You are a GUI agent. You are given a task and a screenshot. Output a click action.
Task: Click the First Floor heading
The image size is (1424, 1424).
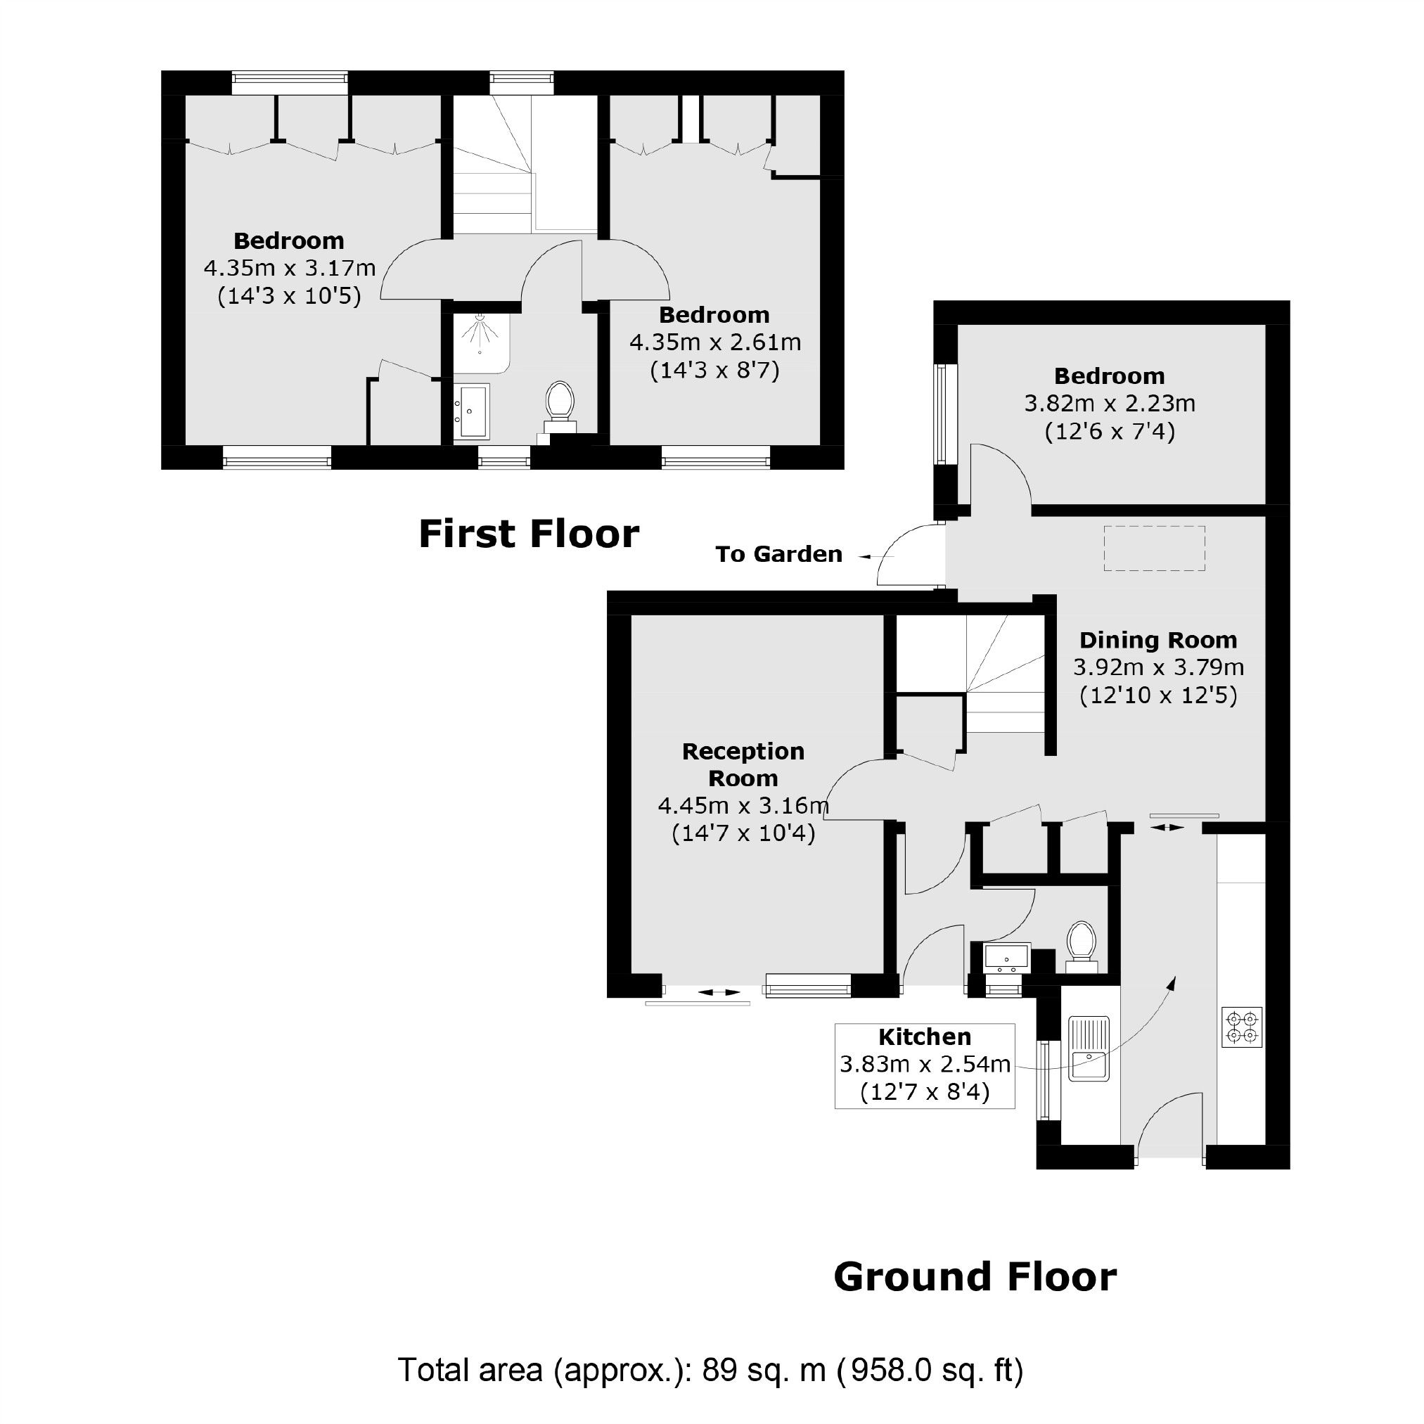click(529, 534)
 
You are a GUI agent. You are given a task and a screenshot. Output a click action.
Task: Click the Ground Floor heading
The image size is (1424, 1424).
click(975, 1277)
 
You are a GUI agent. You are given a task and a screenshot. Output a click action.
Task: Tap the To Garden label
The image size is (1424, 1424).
click(778, 554)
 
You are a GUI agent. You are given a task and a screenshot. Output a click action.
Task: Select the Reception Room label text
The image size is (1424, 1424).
click(743, 765)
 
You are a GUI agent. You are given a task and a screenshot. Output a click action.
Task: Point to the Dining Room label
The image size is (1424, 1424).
click(1158, 640)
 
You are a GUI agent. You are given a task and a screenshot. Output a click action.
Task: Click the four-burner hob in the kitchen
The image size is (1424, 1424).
click(1242, 1027)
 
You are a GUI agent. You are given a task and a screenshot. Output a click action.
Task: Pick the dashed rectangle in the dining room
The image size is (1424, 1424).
click(1154, 549)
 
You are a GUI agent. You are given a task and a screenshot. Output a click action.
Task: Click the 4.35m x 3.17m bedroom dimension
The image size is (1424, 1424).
click(290, 267)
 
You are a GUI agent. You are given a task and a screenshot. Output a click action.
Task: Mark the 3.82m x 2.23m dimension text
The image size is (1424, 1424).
click(1109, 403)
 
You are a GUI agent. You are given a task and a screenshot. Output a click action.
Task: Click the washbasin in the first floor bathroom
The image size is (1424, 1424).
click(470, 412)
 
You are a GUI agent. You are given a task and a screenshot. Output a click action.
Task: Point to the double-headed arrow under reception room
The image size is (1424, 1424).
click(719, 993)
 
